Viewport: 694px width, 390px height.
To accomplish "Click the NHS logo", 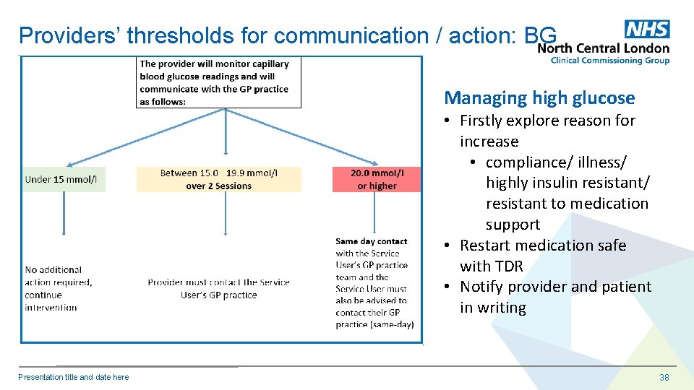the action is coord(647,29).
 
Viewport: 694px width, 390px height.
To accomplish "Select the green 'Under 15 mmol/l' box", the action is coord(63,179).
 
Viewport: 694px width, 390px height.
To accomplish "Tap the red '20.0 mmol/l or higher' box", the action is coord(376,179).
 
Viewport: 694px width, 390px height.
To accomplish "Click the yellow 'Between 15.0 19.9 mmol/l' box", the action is coord(218,179).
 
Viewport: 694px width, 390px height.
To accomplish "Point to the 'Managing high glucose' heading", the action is coord(539,97).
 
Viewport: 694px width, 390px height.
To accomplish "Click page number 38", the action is coord(664,377).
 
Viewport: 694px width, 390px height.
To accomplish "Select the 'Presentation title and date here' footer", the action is coord(74,377).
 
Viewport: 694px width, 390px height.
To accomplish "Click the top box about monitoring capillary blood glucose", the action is coord(219,82).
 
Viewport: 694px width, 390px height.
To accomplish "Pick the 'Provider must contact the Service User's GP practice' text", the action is coord(218,288).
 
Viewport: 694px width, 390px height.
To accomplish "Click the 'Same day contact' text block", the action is coord(374,282).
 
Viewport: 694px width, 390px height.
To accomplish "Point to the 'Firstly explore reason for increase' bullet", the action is coord(547,131).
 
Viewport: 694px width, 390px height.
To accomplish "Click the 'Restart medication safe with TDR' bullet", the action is coord(542,256).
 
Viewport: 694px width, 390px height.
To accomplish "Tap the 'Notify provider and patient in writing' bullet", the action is coord(555,297).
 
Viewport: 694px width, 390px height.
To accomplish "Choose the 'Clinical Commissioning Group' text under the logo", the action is coord(609,61).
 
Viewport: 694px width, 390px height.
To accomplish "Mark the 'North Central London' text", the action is coord(604,48).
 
